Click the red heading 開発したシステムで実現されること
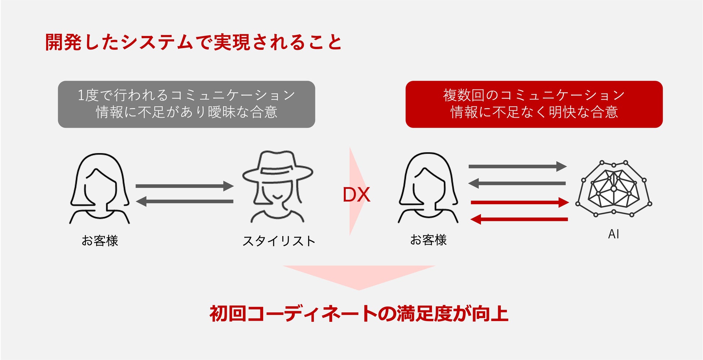(193, 42)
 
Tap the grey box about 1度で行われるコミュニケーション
(186, 104)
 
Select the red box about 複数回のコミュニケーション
(534, 104)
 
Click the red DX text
(356, 195)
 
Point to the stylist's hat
(277, 167)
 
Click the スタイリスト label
(279, 241)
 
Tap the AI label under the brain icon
(613, 234)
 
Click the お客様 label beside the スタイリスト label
(100, 241)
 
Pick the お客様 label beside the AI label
(428, 240)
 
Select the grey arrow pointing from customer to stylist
(184, 186)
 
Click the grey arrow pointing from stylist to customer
(184, 201)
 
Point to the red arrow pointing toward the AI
(519, 202)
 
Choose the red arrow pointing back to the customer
(519, 219)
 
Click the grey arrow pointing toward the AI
(517, 166)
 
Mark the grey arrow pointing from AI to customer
(517, 183)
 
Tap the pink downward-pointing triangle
(359, 276)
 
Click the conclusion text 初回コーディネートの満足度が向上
(359, 313)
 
